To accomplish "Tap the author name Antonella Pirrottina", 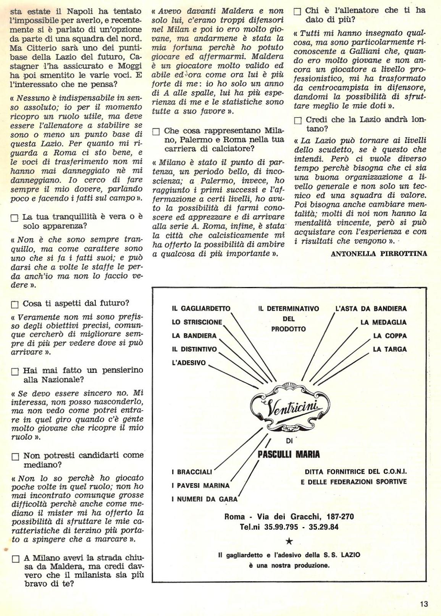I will [379, 253].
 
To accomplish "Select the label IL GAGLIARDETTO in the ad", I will [201, 308].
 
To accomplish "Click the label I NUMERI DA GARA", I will [204, 499].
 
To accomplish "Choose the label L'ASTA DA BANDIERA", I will [371, 308].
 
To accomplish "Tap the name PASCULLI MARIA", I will [289, 454].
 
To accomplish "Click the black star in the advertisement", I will [289, 541].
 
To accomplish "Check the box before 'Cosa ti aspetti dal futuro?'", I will [15, 305].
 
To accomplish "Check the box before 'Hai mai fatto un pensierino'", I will [15, 371].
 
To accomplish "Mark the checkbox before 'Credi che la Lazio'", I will [298, 121].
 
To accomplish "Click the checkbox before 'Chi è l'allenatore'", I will [297, 11].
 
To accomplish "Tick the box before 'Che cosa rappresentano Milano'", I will [155, 132].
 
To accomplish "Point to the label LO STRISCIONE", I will [197, 322].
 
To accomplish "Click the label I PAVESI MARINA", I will [200, 485].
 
